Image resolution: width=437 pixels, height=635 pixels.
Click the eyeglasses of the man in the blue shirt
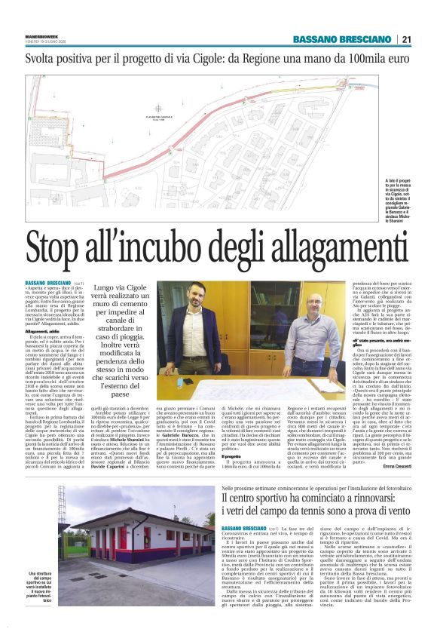point(313,302)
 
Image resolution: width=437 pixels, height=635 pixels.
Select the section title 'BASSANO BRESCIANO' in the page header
point(338,40)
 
